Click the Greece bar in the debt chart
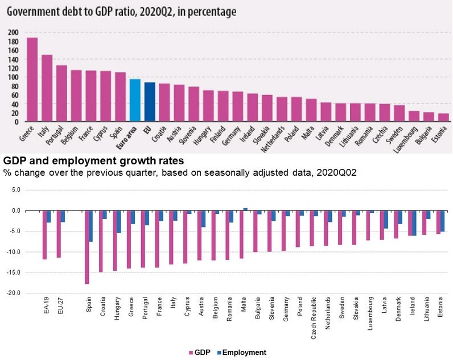(32, 80)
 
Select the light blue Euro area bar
(135, 101)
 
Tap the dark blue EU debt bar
(150, 102)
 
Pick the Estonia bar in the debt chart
(444, 118)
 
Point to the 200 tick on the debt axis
(13, 32)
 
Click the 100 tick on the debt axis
(13, 77)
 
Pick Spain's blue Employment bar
(91, 226)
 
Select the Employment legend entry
(241, 353)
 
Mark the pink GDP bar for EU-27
(59, 234)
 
